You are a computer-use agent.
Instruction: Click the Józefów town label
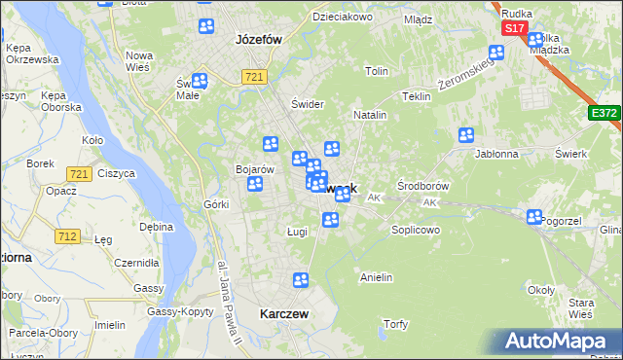tap(259, 40)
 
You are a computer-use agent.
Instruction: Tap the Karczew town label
tap(284, 314)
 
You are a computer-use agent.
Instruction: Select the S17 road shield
tap(515, 29)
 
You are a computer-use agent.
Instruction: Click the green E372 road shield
tap(604, 114)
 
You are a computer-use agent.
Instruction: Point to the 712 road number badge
tap(67, 236)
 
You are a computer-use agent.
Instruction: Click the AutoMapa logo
tap(560, 342)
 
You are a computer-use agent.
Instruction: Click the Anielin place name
tap(376, 277)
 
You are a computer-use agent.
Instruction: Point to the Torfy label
tap(395, 324)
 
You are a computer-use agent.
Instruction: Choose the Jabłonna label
tap(496, 154)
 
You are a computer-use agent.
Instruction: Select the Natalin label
tap(370, 115)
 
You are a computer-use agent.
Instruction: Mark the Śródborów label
tap(421, 185)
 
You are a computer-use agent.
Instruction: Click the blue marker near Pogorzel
tap(534, 218)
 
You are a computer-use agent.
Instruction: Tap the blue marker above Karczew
tap(301, 281)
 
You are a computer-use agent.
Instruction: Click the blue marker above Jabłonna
tap(466, 135)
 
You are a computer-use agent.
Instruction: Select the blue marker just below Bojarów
tap(255, 184)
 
